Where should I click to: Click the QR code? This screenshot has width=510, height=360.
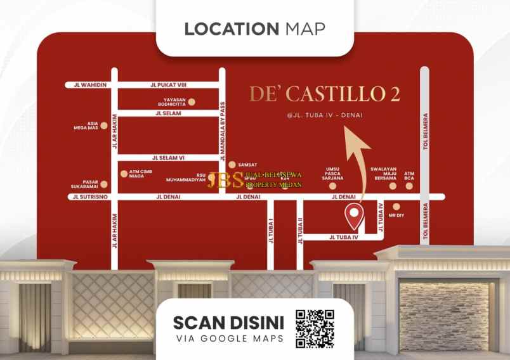(x=315, y=328)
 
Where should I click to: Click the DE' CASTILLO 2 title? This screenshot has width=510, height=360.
(x=324, y=94)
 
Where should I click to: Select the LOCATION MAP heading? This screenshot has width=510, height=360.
(x=254, y=29)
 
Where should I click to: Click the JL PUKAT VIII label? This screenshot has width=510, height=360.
(x=167, y=84)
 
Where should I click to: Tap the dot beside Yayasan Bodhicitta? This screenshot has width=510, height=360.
(x=192, y=101)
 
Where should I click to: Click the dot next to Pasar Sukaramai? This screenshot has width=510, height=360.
(x=104, y=185)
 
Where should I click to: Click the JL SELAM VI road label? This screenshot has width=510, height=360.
(x=168, y=158)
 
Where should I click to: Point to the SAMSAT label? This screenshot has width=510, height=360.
(x=247, y=164)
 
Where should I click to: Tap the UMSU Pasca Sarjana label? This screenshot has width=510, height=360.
(x=334, y=174)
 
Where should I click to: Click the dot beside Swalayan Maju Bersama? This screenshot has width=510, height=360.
(x=393, y=186)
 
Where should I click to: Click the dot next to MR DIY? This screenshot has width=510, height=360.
(x=396, y=207)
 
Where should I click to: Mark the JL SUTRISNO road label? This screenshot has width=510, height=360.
(x=90, y=197)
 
